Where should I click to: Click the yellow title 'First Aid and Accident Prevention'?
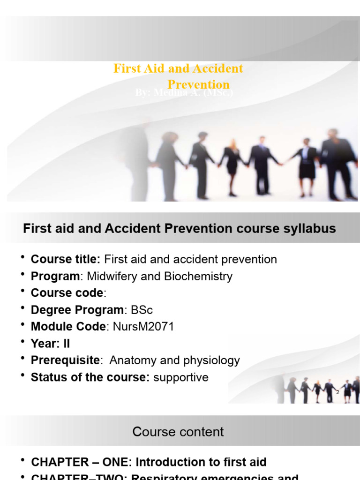[179, 69]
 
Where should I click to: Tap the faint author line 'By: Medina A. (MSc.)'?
[184, 93]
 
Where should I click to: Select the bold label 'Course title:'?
[66, 259]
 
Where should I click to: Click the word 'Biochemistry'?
[198, 276]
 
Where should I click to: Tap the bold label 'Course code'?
[67, 293]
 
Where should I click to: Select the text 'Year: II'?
[50, 344]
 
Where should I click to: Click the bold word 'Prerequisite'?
[65, 360]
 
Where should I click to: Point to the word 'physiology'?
[213, 360]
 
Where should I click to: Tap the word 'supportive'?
[181, 377]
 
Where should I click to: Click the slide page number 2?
[337, 392]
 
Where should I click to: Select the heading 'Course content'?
[178, 432]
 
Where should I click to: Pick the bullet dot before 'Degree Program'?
[23, 308]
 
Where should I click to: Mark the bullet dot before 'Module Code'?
[23, 325]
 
